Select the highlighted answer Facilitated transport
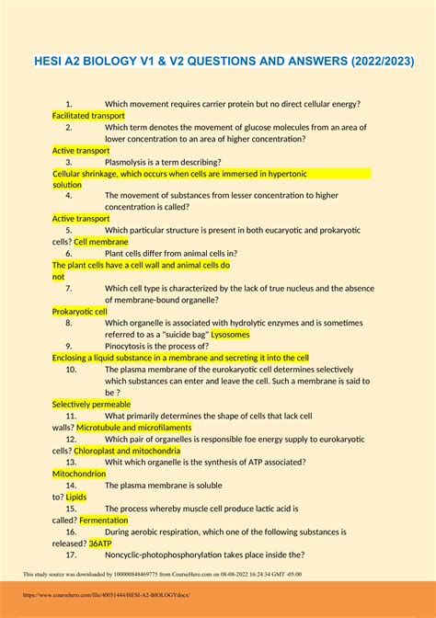(x=88, y=116)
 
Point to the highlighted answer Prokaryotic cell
(x=80, y=312)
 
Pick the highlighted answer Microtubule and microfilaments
(x=134, y=428)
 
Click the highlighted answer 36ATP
(x=100, y=543)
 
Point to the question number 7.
(x=69, y=288)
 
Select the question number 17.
(x=71, y=555)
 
